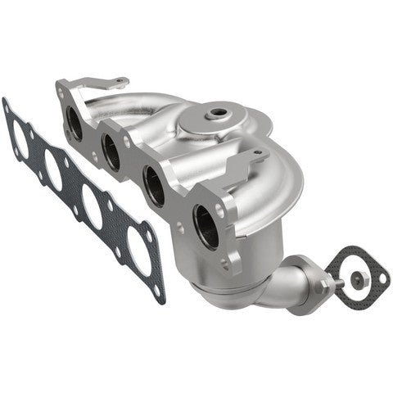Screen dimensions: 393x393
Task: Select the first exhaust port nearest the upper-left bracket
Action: pyautogui.click(x=74, y=124)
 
